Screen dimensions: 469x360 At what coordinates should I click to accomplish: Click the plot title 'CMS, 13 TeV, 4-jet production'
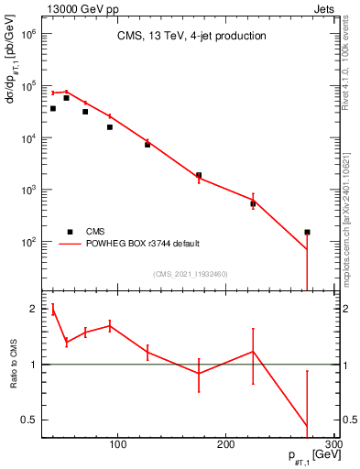[x=191, y=37]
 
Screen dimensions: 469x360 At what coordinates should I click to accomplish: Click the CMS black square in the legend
[x=69, y=232]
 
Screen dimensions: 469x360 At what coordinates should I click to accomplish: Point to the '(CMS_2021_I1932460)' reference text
[x=191, y=274]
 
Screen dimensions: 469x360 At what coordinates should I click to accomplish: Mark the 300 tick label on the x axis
[x=334, y=444]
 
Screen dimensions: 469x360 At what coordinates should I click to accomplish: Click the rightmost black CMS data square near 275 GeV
[x=307, y=233]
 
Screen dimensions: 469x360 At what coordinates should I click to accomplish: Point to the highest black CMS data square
[x=66, y=98]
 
